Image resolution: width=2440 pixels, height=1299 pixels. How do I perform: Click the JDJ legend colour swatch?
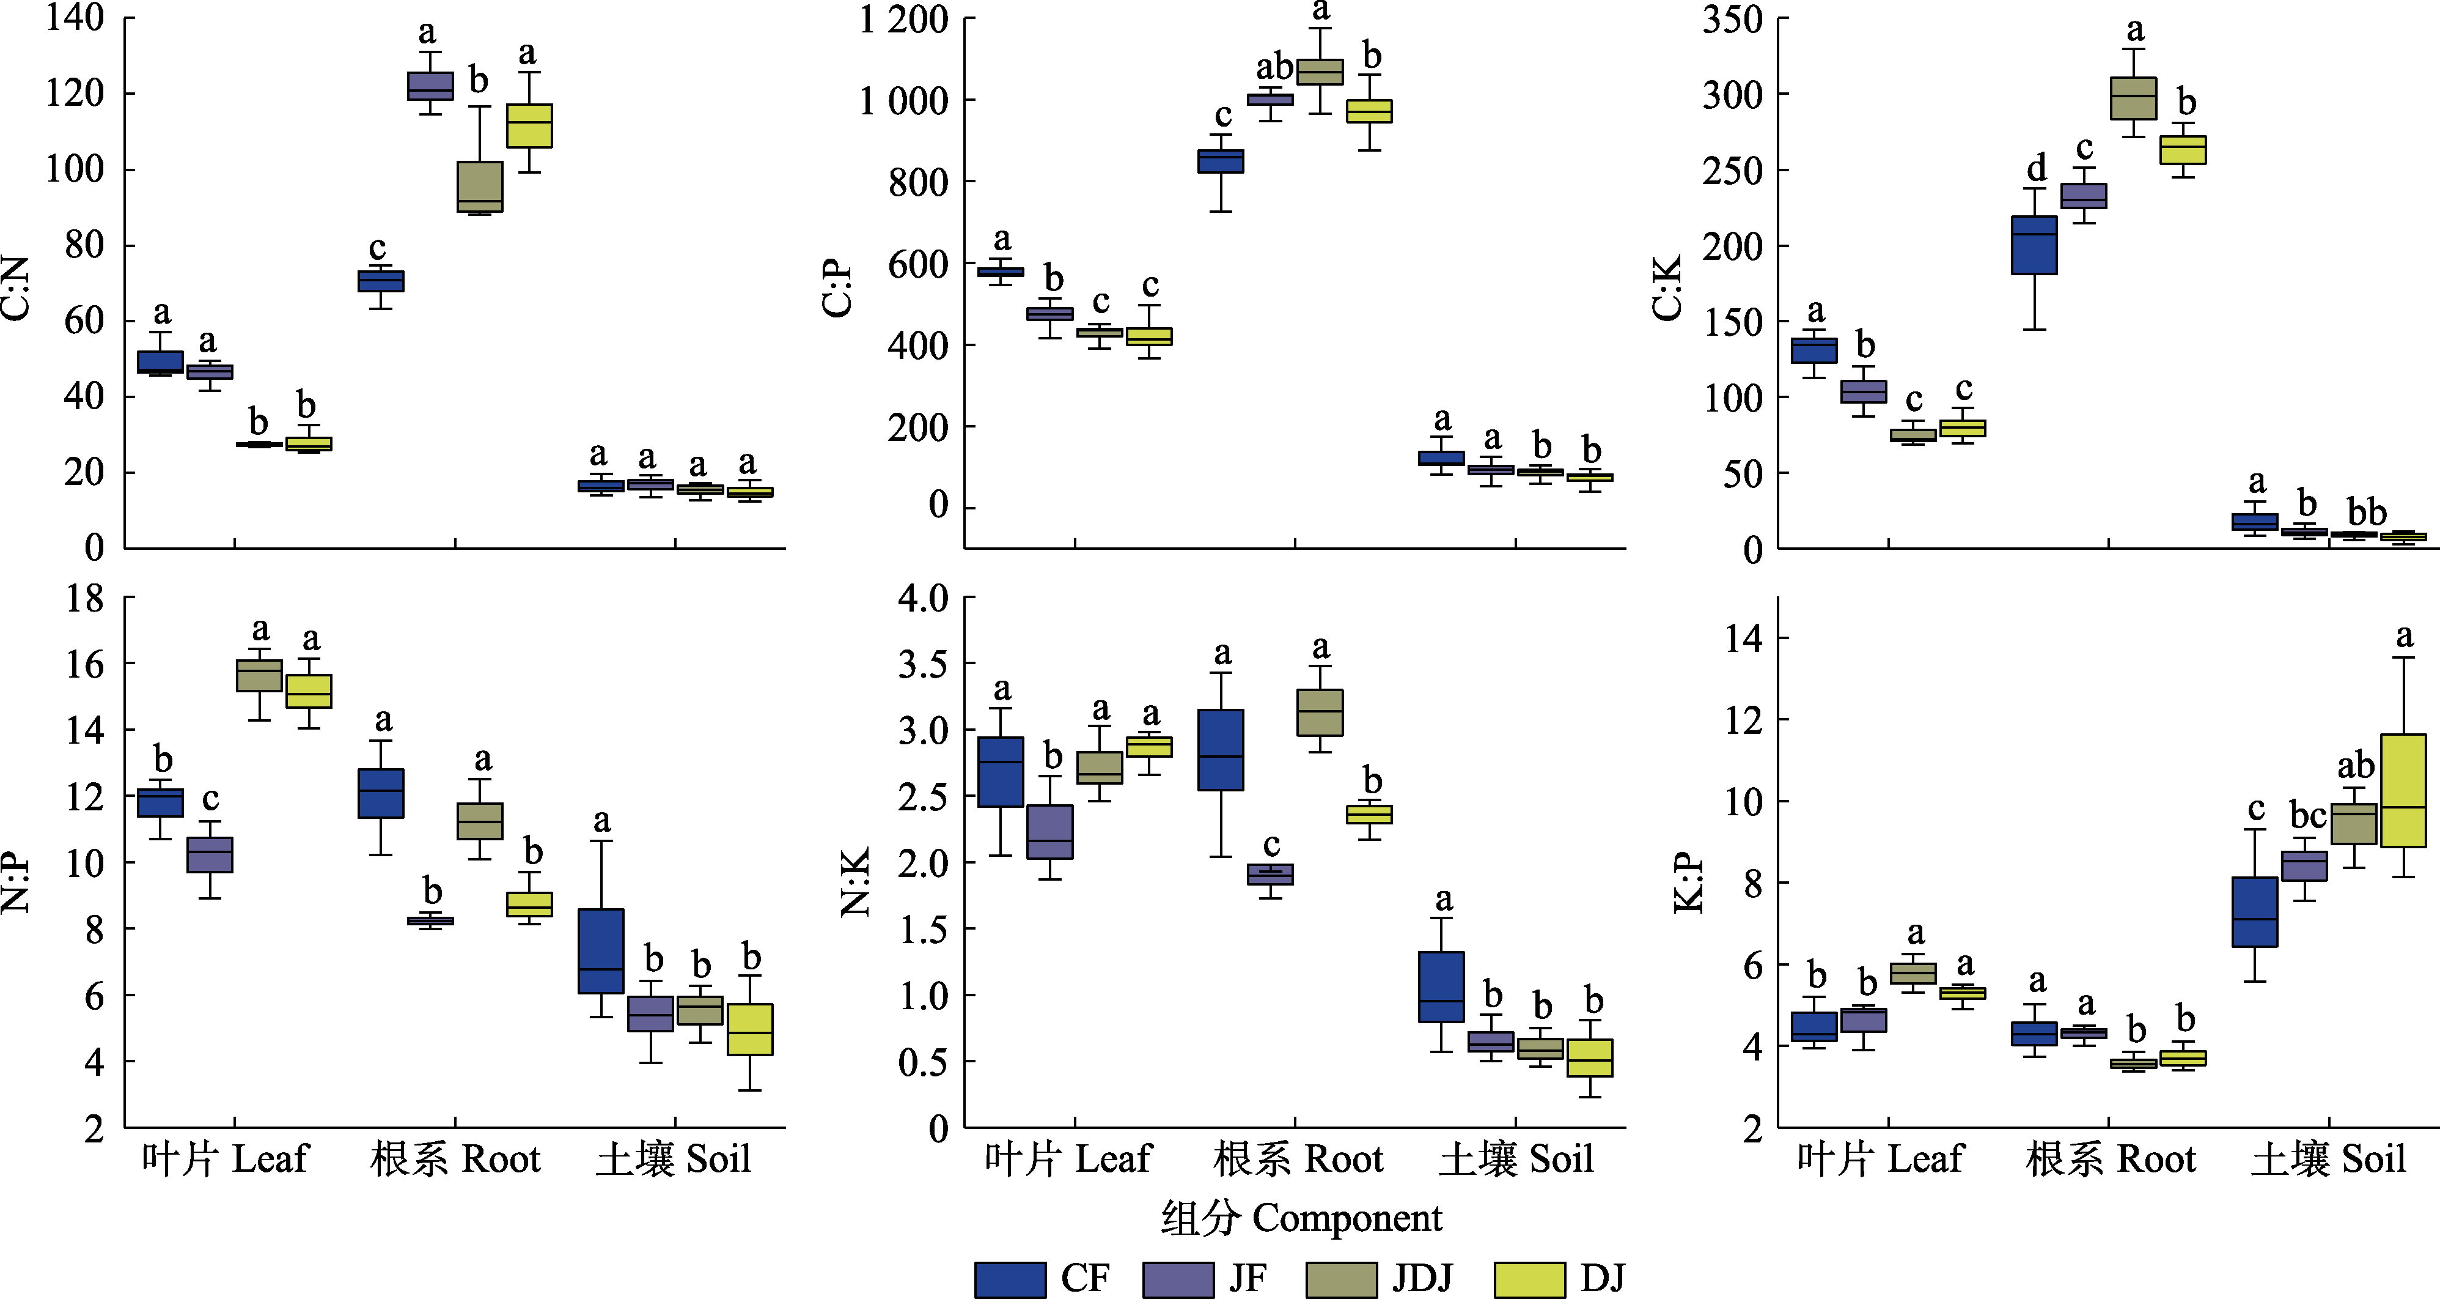tap(1341, 1279)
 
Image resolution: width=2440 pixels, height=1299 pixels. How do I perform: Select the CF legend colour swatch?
tap(1010, 1279)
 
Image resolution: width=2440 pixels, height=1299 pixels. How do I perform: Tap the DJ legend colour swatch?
tap(1529, 1279)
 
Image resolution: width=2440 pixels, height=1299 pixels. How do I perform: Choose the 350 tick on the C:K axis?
tap(1732, 19)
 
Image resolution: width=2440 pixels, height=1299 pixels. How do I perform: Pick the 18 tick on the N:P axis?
tap(85, 599)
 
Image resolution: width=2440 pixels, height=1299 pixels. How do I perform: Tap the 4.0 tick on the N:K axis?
tap(924, 599)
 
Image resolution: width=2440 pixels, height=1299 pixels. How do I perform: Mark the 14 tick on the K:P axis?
tap(1744, 638)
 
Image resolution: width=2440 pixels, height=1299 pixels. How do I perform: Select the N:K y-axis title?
tap(855, 882)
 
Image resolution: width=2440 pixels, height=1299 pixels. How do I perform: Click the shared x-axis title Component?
tap(1301, 1218)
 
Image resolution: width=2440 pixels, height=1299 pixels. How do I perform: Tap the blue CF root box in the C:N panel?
tap(381, 281)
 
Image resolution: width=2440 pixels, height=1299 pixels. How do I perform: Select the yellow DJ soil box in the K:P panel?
tap(2403, 790)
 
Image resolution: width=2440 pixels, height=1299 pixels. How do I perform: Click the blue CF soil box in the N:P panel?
tap(601, 951)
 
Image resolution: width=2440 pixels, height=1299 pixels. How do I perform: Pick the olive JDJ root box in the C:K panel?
tap(2133, 98)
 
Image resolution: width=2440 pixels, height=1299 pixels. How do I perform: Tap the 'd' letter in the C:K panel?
tap(2035, 169)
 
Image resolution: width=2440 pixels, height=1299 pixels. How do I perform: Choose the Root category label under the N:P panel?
tap(455, 1159)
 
